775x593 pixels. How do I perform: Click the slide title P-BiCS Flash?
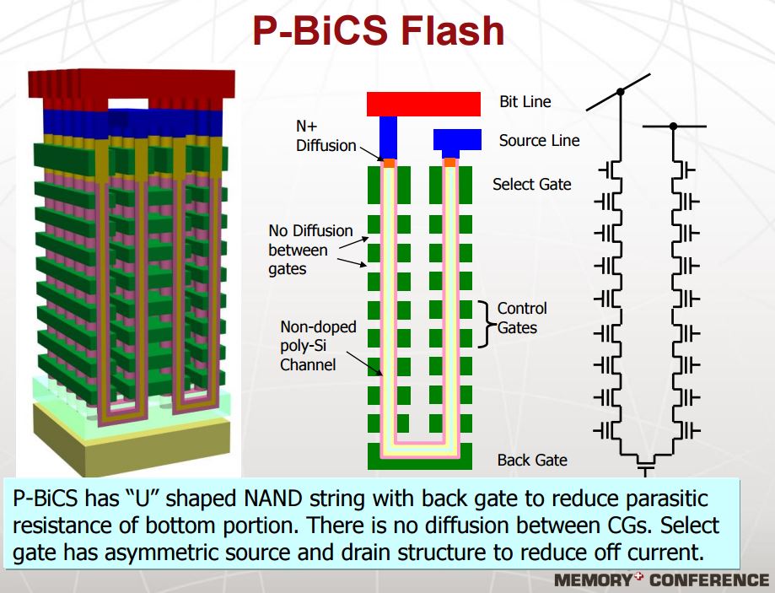(378, 31)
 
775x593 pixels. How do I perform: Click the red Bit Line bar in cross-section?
(423, 104)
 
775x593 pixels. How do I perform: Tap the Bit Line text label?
(525, 102)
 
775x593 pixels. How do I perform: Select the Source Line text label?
(539, 141)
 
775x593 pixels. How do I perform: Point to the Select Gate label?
(531, 184)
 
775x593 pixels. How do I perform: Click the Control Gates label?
(522, 317)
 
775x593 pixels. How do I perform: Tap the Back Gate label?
(532, 460)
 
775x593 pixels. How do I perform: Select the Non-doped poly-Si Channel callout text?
(318, 345)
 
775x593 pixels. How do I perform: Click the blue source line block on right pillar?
(456, 139)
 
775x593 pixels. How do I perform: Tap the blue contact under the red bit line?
(388, 137)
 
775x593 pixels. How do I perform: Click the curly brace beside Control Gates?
(485, 323)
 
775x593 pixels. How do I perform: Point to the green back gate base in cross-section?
(419, 461)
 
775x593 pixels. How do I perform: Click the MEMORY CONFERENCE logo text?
(661, 580)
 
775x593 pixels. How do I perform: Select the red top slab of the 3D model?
(131, 84)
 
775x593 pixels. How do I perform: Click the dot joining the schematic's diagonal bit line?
(621, 91)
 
